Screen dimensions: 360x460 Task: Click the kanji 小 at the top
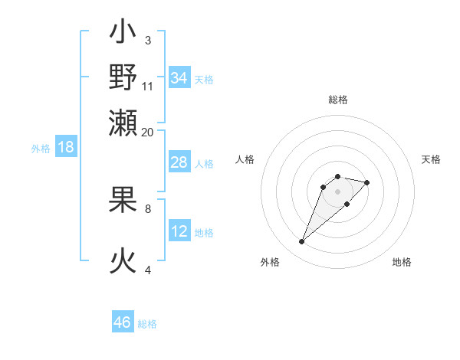pos(123,34)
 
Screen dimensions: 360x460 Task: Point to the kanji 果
pos(123,202)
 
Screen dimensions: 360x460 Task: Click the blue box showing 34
pos(179,78)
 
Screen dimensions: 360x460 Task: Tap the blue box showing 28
pos(179,163)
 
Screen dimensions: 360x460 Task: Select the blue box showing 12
pos(179,232)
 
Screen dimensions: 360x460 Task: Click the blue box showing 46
pos(123,322)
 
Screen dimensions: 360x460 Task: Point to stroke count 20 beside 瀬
pos(148,132)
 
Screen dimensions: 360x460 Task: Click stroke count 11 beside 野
pos(148,86)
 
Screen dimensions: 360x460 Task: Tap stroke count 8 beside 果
pos(148,208)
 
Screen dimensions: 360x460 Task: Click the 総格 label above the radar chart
pos(337,100)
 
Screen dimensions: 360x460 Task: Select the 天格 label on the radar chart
pos(431,159)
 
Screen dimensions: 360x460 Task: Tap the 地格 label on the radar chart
pos(402,262)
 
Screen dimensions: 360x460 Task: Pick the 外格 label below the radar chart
pos(270,262)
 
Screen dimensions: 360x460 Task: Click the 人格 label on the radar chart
pos(245,159)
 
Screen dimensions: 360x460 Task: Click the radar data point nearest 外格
pos(301,242)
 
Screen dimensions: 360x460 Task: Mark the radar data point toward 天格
pos(367,182)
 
